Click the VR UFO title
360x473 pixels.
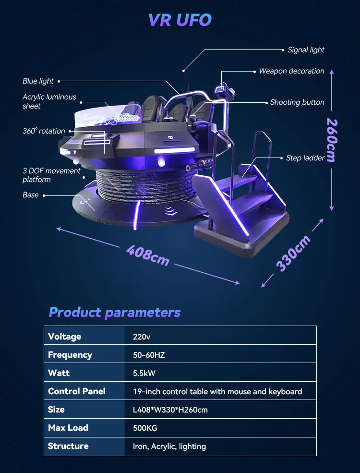pos(180,20)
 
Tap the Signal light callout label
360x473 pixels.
pos(306,50)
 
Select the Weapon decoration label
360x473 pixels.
pos(291,71)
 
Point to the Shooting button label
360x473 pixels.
pos(297,102)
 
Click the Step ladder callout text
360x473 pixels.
pos(305,158)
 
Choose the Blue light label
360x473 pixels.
pos(38,81)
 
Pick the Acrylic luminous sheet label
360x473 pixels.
pos(49,101)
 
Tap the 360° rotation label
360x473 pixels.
pos(44,131)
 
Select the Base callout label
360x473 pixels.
pos(30,195)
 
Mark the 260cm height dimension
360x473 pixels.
pos(331,140)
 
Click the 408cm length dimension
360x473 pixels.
pos(148,255)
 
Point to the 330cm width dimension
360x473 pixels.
pos(293,254)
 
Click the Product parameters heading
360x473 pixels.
pos(115,313)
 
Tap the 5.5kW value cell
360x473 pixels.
pos(144,373)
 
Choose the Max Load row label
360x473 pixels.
pos(68,428)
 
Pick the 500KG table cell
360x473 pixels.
pos(145,428)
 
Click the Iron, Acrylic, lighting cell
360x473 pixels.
pos(169,446)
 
